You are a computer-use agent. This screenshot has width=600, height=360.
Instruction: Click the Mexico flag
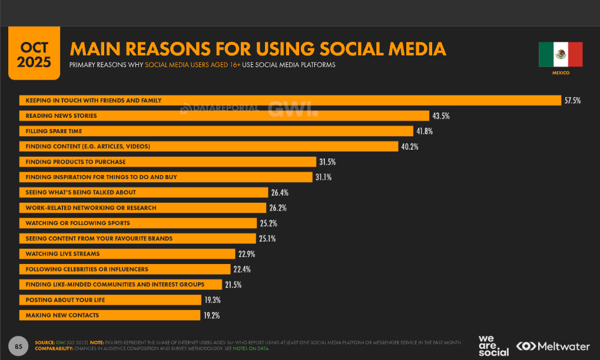point(561,54)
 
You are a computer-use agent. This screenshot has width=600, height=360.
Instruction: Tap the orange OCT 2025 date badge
point(34,53)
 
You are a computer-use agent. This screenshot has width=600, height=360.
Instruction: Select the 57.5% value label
point(572,101)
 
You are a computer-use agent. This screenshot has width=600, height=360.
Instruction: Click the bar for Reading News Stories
point(224,115)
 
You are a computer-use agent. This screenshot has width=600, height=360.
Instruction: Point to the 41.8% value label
point(425,131)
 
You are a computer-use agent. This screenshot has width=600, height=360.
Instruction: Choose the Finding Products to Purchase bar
point(168,161)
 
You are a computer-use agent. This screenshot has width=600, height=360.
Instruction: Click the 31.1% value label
point(323,177)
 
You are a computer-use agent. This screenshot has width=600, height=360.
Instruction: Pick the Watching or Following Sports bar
point(138,223)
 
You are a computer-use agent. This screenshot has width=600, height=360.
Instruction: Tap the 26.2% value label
point(278,208)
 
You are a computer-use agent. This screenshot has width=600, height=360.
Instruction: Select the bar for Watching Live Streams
point(127,253)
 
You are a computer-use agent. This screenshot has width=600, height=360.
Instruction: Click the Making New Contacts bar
point(110,315)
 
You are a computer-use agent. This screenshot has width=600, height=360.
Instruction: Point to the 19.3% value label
point(213,300)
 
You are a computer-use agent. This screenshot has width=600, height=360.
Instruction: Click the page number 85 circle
point(18,346)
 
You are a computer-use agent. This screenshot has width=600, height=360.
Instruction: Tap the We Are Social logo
point(493,346)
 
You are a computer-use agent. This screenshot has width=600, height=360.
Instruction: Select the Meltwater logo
point(553,346)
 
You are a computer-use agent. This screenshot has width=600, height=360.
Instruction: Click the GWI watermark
point(293,109)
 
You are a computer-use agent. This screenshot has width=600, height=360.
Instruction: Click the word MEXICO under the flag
point(561,73)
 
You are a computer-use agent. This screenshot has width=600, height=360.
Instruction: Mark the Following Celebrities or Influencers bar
point(125,269)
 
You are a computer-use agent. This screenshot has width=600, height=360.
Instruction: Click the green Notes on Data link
point(251,349)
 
